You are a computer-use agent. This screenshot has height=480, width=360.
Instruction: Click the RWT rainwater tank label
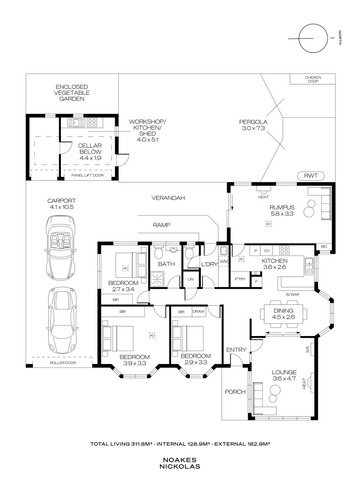(x=311, y=176)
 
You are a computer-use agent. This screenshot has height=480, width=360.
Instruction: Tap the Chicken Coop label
(x=313, y=79)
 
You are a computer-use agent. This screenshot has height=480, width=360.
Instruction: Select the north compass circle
(x=313, y=38)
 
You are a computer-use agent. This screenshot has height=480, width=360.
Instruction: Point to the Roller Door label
(x=63, y=363)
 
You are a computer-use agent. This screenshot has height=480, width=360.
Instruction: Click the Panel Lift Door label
(x=88, y=176)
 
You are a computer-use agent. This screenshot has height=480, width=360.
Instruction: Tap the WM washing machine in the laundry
(x=224, y=262)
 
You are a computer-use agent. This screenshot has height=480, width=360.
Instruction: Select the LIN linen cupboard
(x=191, y=279)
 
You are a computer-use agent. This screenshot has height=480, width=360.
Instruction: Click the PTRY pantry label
(x=240, y=279)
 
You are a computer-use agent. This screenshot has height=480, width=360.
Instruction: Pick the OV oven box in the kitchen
(x=267, y=251)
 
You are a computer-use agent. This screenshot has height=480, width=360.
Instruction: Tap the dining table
(x=284, y=314)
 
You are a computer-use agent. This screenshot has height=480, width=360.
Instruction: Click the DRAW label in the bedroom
(x=198, y=312)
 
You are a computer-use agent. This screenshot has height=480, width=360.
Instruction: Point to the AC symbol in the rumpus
(x=268, y=224)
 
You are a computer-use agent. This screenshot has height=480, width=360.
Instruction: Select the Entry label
(x=236, y=350)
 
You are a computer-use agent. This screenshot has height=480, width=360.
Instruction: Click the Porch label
(x=235, y=392)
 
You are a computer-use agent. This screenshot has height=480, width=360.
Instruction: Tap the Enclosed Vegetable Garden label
(x=72, y=93)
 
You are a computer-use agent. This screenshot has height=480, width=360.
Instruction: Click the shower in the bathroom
(x=158, y=279)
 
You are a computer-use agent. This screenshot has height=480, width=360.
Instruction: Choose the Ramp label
(x=162, y=225)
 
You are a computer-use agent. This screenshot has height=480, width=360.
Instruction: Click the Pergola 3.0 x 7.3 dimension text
(x=253, y=128)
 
